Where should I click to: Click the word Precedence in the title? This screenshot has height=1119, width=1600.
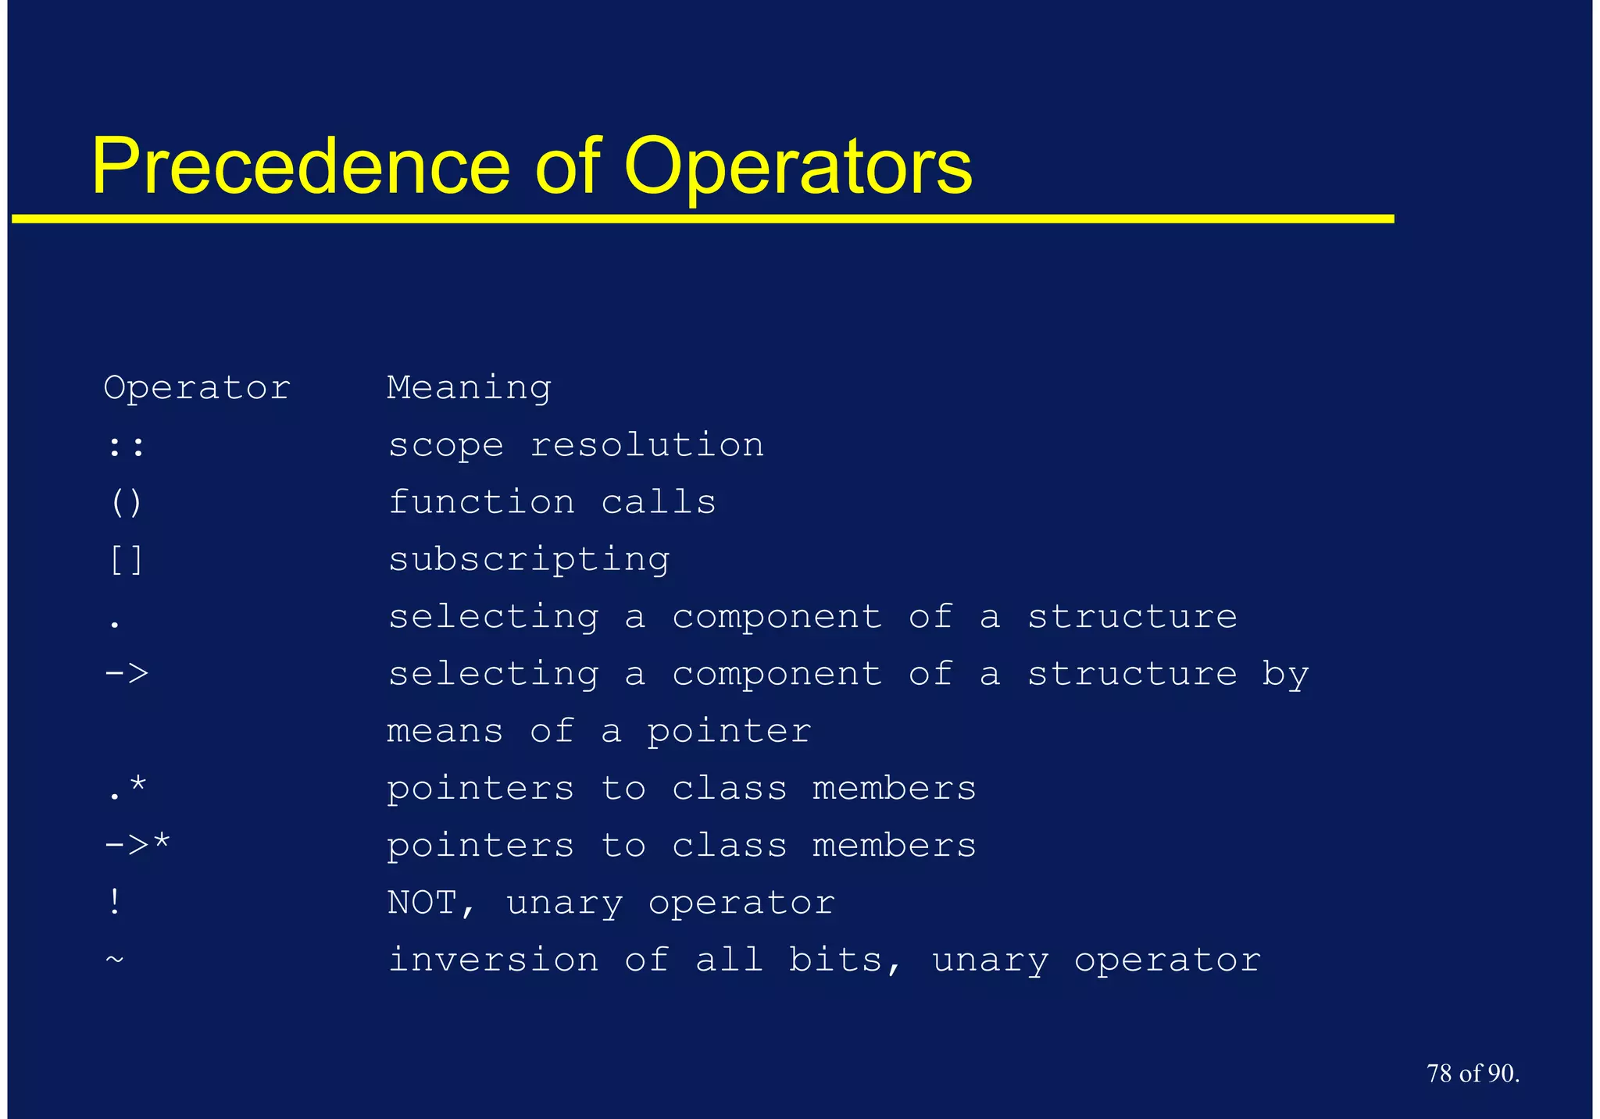point(301,166)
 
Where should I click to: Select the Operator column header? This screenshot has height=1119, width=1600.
point(197,388)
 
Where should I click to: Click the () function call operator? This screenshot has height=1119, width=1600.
point(126,503)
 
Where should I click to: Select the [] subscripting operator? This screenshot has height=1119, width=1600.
point(126,560)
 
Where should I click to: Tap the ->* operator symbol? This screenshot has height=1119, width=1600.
point(137,845)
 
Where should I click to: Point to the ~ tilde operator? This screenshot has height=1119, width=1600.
point(115,958)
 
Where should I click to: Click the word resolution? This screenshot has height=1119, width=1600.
point(647,446)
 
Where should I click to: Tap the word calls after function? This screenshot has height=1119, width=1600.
point(658,503)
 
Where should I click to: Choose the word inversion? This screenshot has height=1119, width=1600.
point(493,960)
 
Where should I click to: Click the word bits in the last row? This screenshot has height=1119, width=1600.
point(836,960)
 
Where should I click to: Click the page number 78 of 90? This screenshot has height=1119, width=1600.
point(1473,1074)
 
